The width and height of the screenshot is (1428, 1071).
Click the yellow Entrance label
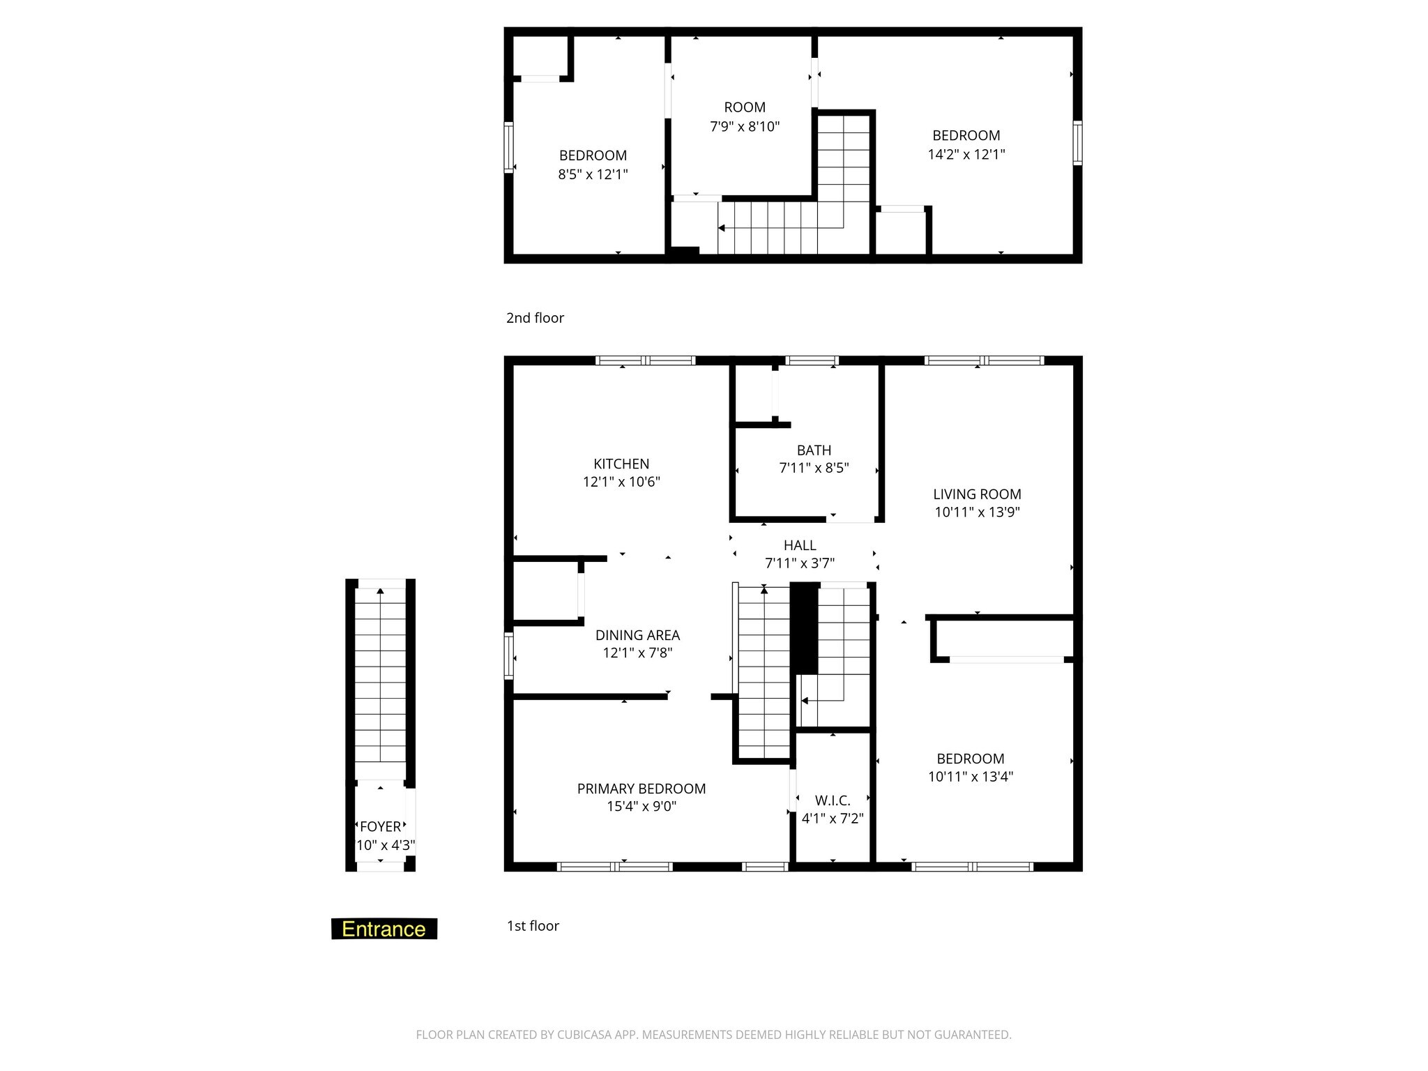click(383, 929)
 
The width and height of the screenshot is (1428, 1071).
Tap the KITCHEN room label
click(621, 464)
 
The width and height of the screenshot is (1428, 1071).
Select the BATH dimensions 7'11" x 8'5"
click(814, 468)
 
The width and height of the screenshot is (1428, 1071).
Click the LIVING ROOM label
click(977, 494)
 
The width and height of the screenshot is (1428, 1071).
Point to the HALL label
click(799, 545)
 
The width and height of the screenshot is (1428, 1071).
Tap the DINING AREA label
click(637, 635)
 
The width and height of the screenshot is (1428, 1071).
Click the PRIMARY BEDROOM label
click(641, 789)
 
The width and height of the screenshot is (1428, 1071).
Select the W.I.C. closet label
click(833, 800)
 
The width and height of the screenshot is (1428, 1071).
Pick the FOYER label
click(381, 826)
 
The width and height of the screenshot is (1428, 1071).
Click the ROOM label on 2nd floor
click(745, 107)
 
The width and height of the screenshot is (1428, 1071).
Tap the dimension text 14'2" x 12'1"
click(966, 154)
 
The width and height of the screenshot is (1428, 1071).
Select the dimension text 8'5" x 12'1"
click(593, 174)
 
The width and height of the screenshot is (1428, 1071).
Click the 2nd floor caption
click(535, 318)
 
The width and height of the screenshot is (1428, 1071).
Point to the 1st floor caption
click(533, 926)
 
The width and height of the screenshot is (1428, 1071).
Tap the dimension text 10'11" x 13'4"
click(971, 777)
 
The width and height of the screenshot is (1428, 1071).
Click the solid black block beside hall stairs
click(804, 628)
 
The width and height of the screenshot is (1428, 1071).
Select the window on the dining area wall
click(509, 655)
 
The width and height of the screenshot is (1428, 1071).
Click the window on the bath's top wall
click(812, 360)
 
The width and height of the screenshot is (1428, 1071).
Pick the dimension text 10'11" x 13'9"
click(977, 512)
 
